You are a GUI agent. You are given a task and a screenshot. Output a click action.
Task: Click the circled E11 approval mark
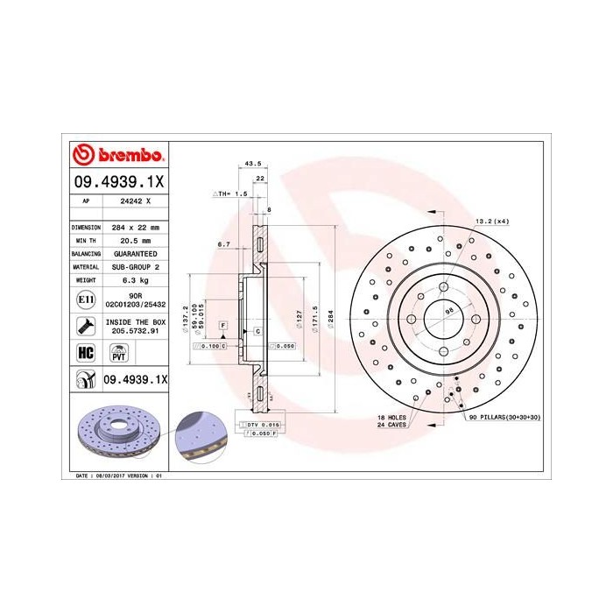click(86, 299)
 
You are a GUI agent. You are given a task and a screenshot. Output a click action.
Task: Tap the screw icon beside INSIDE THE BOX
click(86, 328)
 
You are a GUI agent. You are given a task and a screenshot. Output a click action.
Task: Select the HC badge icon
click(86, 353)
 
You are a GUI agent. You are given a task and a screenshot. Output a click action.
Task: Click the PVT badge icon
click(117, 353)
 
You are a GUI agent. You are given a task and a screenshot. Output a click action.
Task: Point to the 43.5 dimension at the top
click(254, 163)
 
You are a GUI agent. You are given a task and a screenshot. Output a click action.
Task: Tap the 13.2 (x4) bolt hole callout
click(492, 222)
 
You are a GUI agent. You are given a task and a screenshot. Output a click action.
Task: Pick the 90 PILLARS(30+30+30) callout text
click(504, 418)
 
